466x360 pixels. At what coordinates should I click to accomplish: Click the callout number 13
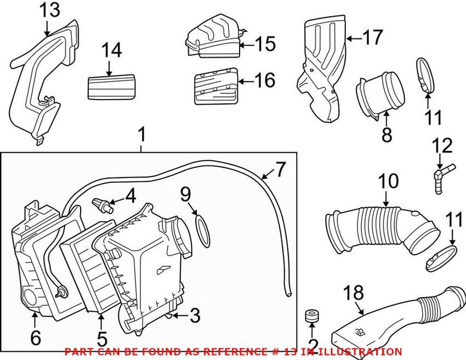tap(49, 9)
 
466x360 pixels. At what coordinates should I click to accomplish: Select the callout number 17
tap(372, 38)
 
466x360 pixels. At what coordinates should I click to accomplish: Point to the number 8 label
tap(387, 134)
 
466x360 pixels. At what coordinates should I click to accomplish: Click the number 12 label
tap(442, 146)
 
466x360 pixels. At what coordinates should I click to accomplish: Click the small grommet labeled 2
tap(311, 316)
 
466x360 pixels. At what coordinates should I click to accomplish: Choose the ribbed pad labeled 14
tap(111, 86)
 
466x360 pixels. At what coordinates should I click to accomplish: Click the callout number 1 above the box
tap(141, 134)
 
